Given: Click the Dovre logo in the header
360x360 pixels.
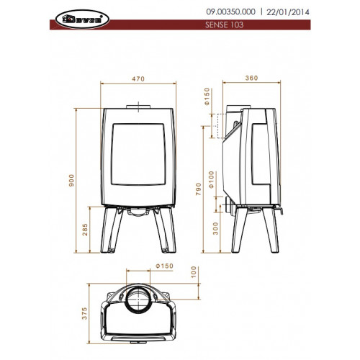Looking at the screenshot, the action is pyautogui.click(x=82, y=19).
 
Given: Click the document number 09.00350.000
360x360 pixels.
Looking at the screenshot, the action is pyautogui.click(x=230, y=12).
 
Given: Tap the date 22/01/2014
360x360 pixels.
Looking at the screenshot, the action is pyautogui.click(x=288, y=12).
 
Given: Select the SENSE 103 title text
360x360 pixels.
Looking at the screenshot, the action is pyautogui.click(x=224, y=24).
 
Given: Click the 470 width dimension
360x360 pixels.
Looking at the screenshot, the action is pyautogui.click(x=138, y=78).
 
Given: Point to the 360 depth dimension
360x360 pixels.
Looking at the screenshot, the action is pyautogui.click(x=251, y=78).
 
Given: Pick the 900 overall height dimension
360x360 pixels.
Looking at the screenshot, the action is pyautogui.click(x=71, y=181).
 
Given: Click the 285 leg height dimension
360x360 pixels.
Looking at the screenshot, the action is pyautogui.click(x=85, y=230).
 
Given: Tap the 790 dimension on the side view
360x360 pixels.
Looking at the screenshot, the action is pyautogui.click(x=198, y=189).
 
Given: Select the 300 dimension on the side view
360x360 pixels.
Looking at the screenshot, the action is pyautogui.click(x=215, y=228).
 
